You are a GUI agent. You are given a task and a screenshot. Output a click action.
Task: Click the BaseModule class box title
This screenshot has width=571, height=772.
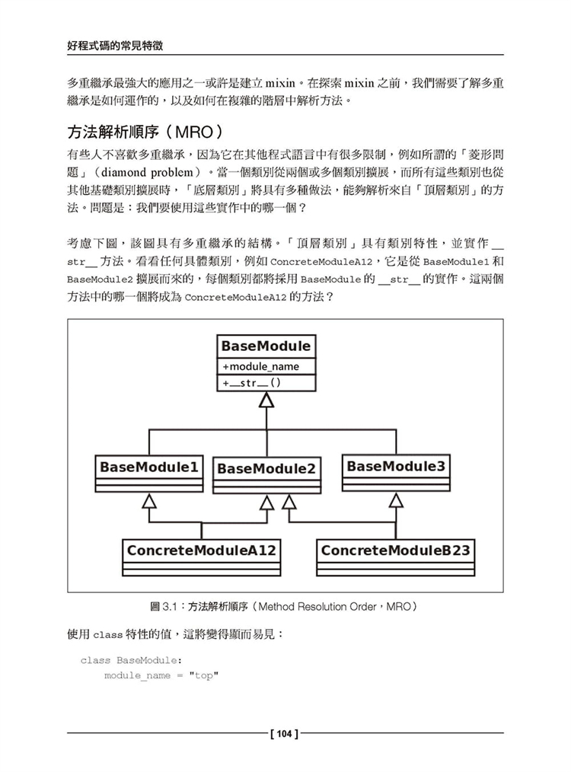pos(266,346)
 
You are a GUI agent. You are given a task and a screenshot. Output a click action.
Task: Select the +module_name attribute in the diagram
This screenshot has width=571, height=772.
pos(261,366)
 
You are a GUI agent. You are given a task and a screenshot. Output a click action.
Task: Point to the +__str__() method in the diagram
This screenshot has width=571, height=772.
pos(252,383)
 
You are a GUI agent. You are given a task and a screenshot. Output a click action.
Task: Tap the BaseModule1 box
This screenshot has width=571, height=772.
pos(149,467)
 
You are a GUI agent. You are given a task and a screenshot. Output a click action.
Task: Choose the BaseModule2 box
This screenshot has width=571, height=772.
pos(266,469)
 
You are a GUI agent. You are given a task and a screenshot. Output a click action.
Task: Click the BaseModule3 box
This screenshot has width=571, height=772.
pos(396,465)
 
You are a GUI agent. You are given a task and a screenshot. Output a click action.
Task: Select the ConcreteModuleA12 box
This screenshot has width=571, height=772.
pos(202,550)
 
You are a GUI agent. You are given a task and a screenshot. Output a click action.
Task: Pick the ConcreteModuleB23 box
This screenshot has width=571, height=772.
pos(396,550)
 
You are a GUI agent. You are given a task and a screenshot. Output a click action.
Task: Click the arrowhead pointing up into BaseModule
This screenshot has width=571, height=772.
pos(266,401)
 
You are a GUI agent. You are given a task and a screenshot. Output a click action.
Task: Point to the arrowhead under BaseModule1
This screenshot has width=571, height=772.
pos(149,501)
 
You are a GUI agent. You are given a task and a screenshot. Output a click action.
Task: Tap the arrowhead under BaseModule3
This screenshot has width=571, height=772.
pos(396,500)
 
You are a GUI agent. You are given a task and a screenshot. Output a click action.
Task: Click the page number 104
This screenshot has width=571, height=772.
pos(285,734)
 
